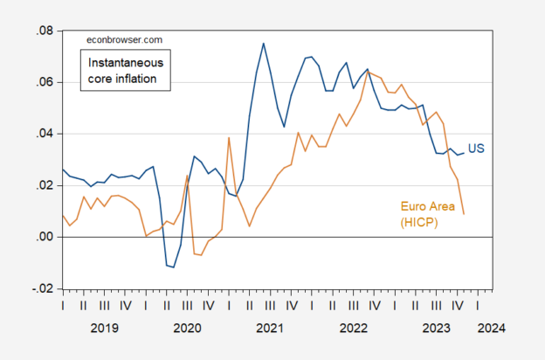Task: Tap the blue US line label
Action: [x=477, y=149]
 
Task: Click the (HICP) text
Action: [x=419, y=223]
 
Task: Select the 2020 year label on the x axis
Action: [x=187, y=329]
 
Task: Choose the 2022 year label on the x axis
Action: [x=353, y=329]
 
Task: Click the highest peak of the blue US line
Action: [x=264, y=43]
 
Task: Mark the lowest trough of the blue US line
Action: [x=174, y=267]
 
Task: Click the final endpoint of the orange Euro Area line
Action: [x=464, y=214]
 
